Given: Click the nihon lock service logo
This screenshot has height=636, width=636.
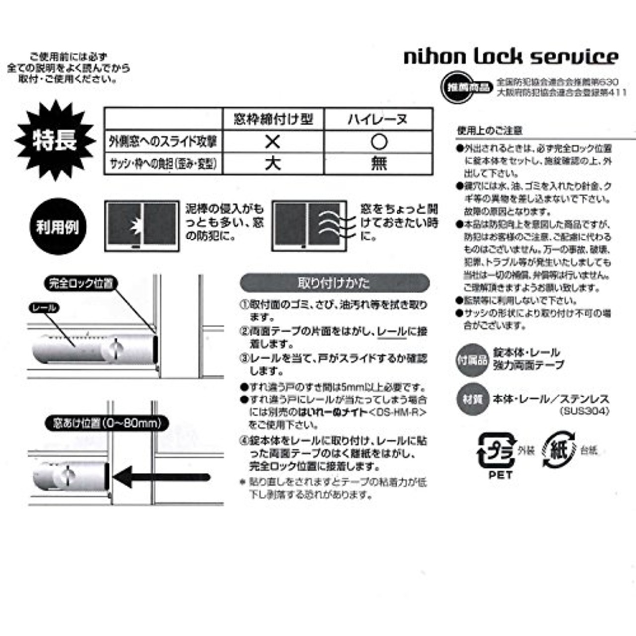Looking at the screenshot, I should point(511,56).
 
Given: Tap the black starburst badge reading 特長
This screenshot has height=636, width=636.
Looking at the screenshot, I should point(55,141).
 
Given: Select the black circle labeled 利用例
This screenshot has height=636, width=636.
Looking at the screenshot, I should point(57,227).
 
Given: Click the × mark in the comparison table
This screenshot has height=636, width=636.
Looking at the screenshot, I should point(272,142).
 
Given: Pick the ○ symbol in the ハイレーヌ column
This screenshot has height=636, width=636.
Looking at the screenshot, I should point(379,142).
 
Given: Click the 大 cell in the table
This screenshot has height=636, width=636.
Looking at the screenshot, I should point(272,163).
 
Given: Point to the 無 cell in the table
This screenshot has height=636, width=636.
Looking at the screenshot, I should point(379,163).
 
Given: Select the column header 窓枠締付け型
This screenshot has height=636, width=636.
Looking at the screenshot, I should point(273,119).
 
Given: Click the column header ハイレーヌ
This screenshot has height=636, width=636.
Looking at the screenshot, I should point(378,119).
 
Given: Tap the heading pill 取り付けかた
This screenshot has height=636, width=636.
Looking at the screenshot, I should point(334,283).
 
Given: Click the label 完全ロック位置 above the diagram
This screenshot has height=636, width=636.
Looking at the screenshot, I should point(80,284).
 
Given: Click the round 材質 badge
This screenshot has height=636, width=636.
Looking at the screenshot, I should point(472,399).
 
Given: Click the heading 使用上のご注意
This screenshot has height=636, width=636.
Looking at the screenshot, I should point(489,131).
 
